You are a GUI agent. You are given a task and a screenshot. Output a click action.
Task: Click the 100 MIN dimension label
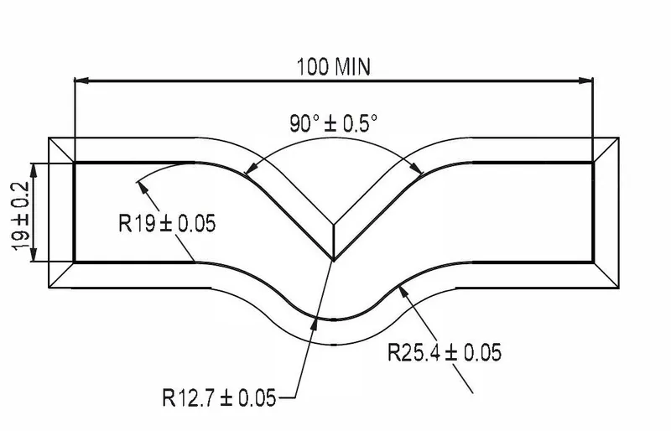[x=334, y=66]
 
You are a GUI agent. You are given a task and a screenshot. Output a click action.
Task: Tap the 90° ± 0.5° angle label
[x=333, y=123]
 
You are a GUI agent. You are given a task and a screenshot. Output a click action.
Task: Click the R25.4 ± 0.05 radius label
[x=445, y=352]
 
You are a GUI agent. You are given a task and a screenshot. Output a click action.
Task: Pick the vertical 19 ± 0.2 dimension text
[x=19, y=211]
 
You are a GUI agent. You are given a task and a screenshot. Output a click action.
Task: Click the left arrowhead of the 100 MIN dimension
[x=81, y=81]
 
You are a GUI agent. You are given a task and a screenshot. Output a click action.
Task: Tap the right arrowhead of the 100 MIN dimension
[x=587, y=81]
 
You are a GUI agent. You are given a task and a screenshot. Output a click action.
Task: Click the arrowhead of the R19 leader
[x=139, y=181]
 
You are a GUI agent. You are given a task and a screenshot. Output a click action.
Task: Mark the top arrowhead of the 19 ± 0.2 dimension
[x=34, y=165]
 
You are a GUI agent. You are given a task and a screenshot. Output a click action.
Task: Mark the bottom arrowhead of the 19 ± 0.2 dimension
[x=34, y=257]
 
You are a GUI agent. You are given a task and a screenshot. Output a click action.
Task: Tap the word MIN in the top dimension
[x=354, y=66]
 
